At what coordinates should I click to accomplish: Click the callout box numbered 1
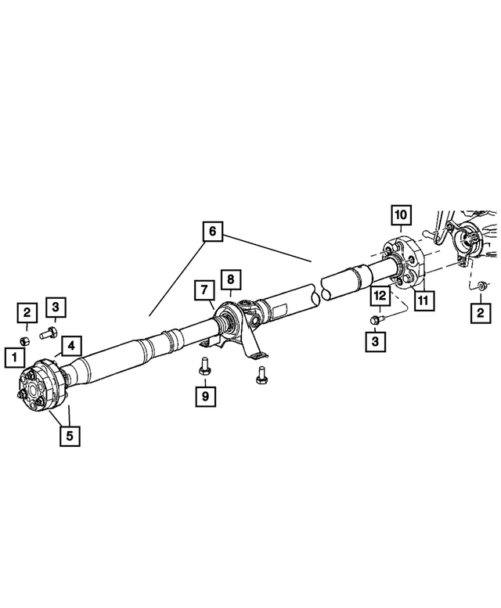[x=13, y=358]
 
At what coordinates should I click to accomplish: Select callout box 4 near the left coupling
[x=70, y=345]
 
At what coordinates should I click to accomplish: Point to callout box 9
[x=205, y=397]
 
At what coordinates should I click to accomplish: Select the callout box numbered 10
[x=400, y=214]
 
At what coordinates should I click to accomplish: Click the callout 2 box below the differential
[x=477, y=313]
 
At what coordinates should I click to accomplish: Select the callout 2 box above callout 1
[x=27, y=313]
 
